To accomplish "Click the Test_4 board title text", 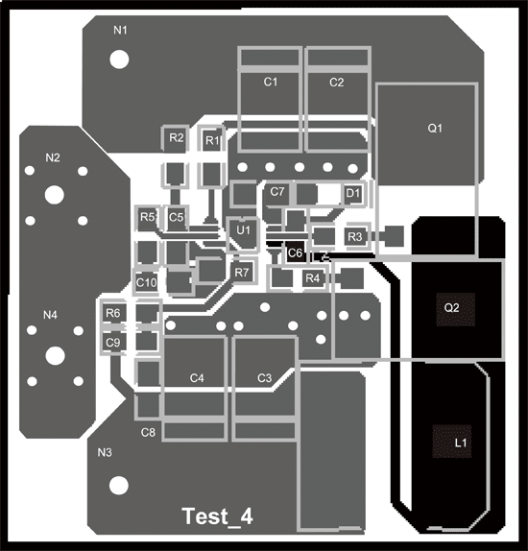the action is pyautogui.click(x=218, y=516).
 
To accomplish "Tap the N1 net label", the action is pyautogui.click(x=120, y=30).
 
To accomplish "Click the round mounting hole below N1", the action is pyautogui.click(x=119, y=60).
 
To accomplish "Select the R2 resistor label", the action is pyautogui.click(x=176, y=137).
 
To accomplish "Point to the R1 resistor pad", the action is pyautogui.click(x=212, y=140).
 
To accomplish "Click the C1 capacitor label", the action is pyautogui.click(x=271, y=82).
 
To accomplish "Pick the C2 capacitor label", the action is pyautogui.click(x=336, y=83).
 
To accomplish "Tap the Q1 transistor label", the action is pyautogui.click(x=435, y=129).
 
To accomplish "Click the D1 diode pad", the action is pyautogui.click(x=353, y=193).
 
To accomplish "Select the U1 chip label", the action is pyautogui.click(x=243, y=230).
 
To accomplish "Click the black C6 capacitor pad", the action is pyautogui.click(x=295, y=252).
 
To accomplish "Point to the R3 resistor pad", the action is pyautogui.click(x=355, y=236).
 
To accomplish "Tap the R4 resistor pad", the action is pyautogui.click(x=313, y=278).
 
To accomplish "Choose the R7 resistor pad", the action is pyautogui.click(x=242, y=273).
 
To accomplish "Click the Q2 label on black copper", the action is pyautogui.click(x=452, y=308).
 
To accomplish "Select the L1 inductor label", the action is pyautogui.click(x=461, y=443).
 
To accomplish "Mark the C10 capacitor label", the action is pyautogui.click(x=146, y=282).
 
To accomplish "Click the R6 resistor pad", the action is pyautogui.click(x=113, y=312).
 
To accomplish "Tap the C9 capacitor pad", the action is pyautogui.click(x=113, y=342).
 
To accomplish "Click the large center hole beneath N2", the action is pyautogui.click(x=55, y=195).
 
